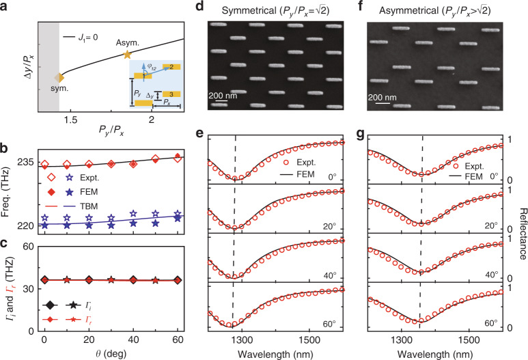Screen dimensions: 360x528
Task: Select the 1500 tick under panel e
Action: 309,340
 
